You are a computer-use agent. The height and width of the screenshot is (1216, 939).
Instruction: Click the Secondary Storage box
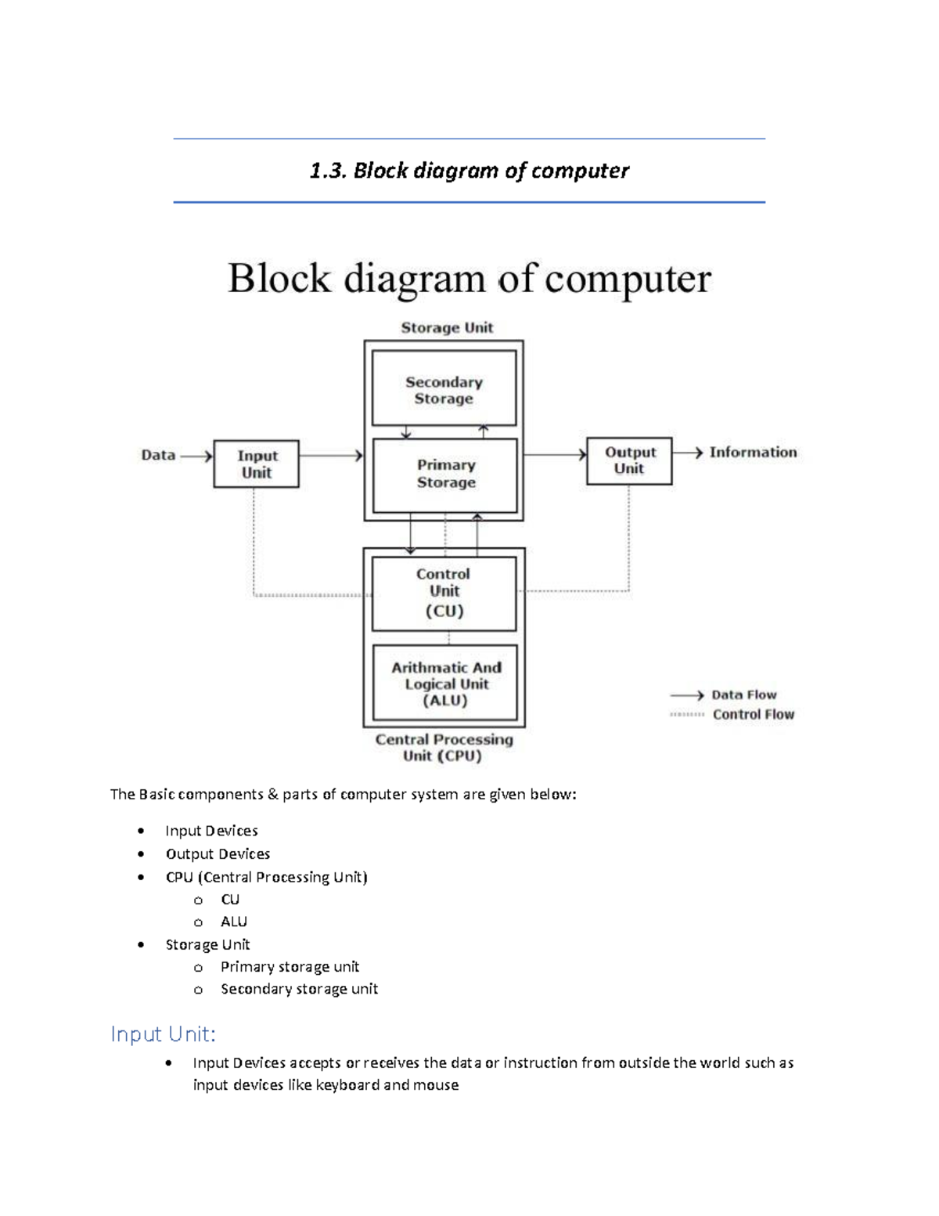pos(444,389)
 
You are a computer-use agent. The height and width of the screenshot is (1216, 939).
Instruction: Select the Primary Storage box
pos(445,474)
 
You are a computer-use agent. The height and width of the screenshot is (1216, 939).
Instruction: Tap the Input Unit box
pos(257,464)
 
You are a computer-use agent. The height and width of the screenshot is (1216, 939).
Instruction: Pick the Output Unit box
pos(629,460)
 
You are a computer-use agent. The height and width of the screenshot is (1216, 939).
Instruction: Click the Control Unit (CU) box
pos(444,593)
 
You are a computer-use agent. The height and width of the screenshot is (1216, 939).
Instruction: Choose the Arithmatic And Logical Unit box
pos(445,683)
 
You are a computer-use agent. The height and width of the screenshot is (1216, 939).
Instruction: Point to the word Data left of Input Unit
pos(158,455)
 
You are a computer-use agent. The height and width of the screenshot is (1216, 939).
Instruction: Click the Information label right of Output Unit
pos(753,452)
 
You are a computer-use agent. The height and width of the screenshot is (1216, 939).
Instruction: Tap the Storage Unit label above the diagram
pos(447,327)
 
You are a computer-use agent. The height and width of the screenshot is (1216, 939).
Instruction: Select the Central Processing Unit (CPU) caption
pos(444,747)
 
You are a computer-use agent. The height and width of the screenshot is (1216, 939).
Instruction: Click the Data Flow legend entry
pos(743,695)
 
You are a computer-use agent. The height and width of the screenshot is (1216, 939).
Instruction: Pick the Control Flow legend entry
pos(753,714)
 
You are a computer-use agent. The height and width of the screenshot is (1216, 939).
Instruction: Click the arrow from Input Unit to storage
pos(331,455)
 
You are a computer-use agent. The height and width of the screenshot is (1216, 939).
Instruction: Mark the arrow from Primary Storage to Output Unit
pos(555,454)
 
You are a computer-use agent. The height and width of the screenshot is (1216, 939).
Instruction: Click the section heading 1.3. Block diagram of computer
pos(469,171)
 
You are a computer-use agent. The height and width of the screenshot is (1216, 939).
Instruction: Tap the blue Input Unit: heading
pos(163,1034)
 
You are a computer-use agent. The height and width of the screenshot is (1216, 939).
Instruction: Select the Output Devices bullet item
pos(218,853)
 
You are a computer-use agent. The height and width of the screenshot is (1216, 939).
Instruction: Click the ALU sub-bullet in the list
pos(233,922)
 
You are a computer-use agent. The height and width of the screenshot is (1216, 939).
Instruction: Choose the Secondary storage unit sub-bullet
pos(299,989)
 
